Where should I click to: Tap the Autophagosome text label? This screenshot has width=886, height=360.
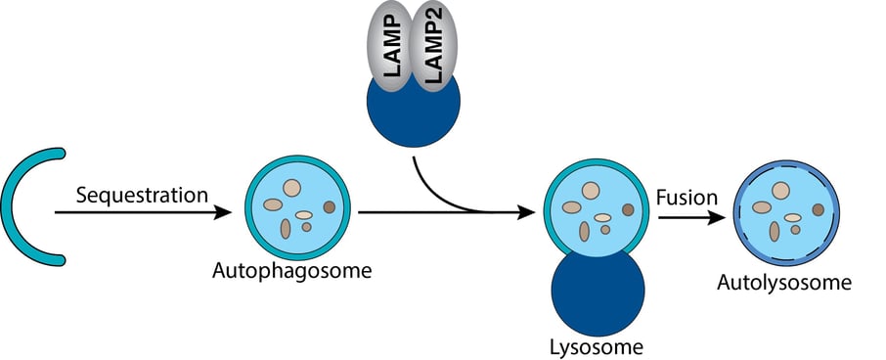point(291,270)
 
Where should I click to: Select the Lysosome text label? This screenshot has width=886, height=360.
point(597,345)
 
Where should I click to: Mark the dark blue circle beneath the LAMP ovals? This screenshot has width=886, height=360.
point(413,112)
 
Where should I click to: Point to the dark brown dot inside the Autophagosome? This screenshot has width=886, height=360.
point(330,206)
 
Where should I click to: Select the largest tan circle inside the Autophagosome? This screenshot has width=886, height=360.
point(291,187)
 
